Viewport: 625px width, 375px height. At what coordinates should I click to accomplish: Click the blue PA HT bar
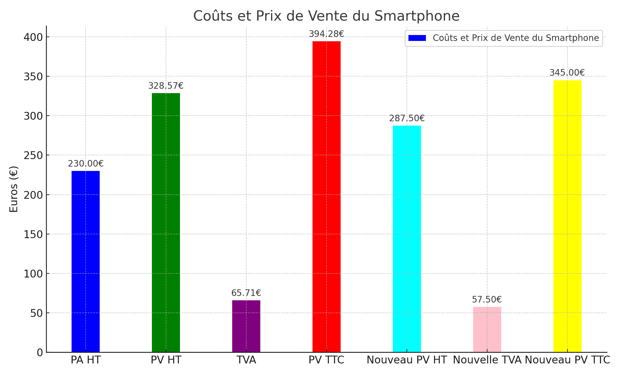[x=86, y=261]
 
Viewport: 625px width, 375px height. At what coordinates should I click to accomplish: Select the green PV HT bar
[x=166, y=222]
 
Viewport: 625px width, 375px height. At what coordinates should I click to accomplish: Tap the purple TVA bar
[x=246, y=326]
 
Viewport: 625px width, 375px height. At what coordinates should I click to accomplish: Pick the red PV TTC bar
[x=327, y=197]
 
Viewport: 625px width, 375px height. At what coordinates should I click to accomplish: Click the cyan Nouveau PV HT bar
[x=407, y=239]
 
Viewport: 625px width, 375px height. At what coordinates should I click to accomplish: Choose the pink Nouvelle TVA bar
[x=487, y=329]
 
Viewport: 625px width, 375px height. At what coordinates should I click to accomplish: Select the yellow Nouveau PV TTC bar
[x=567, y=216]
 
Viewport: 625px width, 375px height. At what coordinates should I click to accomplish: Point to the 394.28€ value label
[x=327, y=34]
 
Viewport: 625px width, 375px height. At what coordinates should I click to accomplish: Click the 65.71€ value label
[x=246, y=293]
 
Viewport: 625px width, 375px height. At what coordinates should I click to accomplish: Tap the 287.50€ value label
[x=407, y=118]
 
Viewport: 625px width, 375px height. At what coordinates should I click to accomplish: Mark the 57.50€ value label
[x=487, y=300]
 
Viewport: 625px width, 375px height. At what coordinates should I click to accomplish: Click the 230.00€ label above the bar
[x=86, y=164]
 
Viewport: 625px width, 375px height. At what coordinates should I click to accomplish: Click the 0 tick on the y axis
[x=39, y=352]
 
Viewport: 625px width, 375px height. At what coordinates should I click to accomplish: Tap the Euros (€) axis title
[x=13, y=189]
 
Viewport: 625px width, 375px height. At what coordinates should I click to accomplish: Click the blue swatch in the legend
[x=417, y=38]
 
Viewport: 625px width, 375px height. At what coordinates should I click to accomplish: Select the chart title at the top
[x=326, y=16]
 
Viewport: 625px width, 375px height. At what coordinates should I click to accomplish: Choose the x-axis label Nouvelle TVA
[x=487, y=360]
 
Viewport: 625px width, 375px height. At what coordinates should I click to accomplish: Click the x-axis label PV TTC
[x=327, y=360]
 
